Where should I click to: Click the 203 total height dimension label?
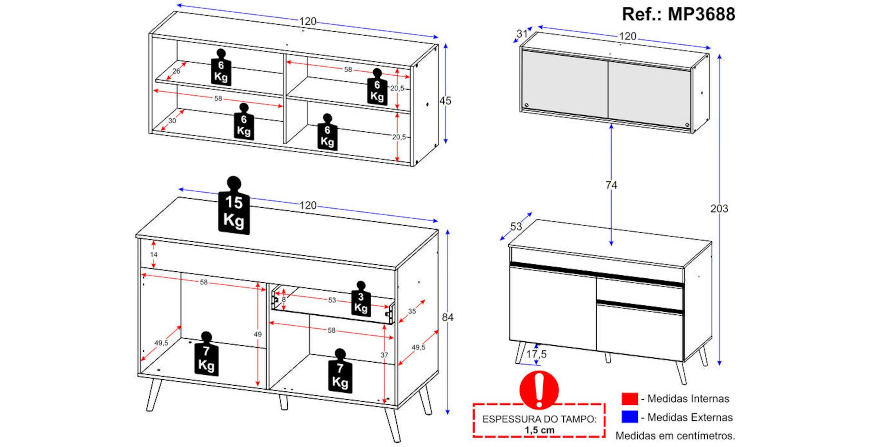pyautogui.click(x=719, y=209)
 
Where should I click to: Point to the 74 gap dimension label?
pyautogui.click(x=611, y=185)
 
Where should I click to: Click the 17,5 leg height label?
pyautogui.click(x=536, y=354)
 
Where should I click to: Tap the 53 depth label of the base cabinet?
pyautogui.click(x=516, y=227)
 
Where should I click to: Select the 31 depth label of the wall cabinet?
pyautogui.click(x=522, y=33)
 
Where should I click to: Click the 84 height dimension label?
pyautogui.click(x=448, y=317)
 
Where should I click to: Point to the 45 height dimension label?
pyautogui.click(x=445, y=101)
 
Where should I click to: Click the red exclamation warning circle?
pyautogui.click(x=539, y=390)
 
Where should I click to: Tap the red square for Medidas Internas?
pyautogui.click(x=629, y=399)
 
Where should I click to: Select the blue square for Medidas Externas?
pyautogui.click(x=629, y=417)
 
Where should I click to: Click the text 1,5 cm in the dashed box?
pyautogui.click(x=539, y=430)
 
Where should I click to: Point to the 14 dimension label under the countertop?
pyautogui.click(x=154, y=254)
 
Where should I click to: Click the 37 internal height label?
pyautogui.click(x=384, y=355)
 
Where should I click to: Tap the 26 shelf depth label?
pyautogui.click(x=176, y=71)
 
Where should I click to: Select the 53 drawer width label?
pyautogui.click(x=332, y=300)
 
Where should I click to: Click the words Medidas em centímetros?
pyautogui.click(x=675, y=435)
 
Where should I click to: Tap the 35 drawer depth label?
pyautogui.click(x=412, y=311)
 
